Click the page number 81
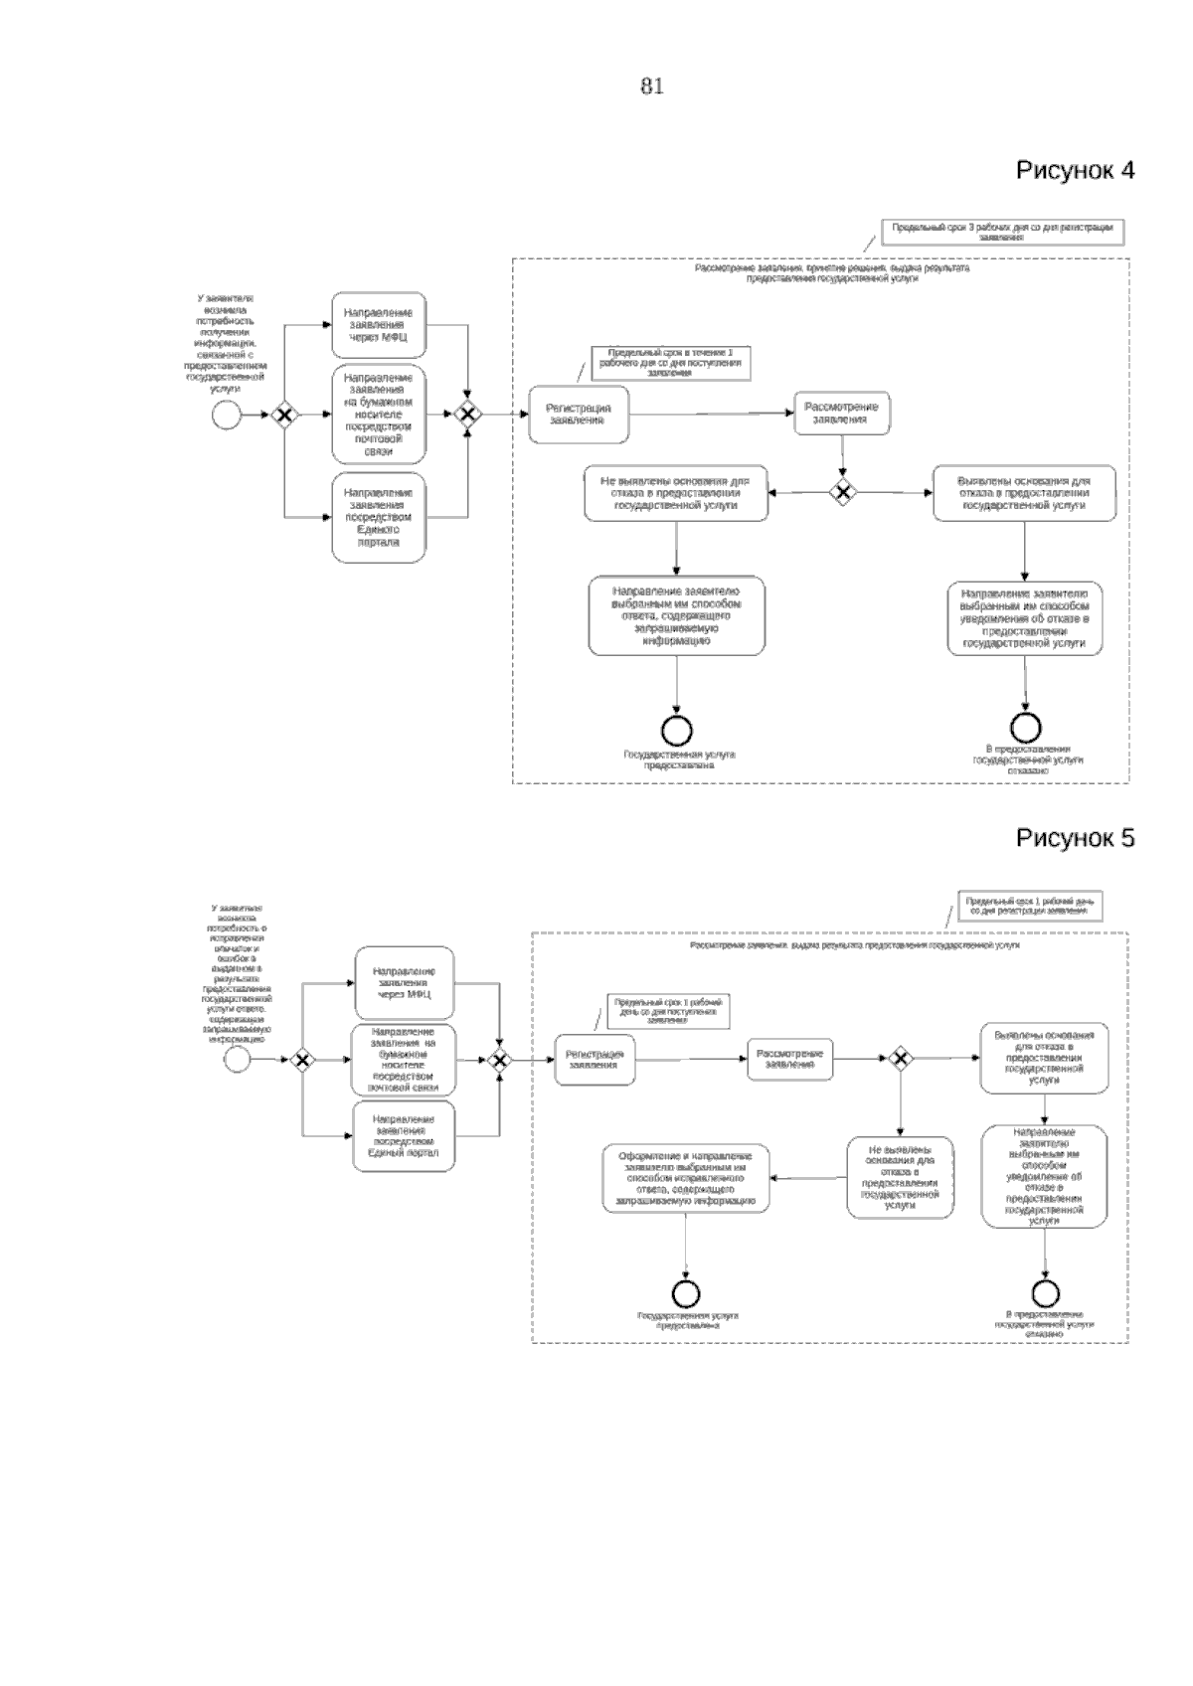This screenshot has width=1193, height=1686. click(651, 86)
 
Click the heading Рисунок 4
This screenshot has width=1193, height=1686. click(1075, 170)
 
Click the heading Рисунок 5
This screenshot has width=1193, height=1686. click(1075, 838)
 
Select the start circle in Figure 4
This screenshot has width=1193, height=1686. click(227, 415)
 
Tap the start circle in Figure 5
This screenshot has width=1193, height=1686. click(237, 1060)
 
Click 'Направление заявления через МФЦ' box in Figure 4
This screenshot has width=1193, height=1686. click(379, 325)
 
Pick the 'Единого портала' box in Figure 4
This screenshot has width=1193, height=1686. click(379, 518)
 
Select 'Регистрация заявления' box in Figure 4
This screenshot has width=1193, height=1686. click(581, 415)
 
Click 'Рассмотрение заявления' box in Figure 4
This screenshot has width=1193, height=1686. click(841, 413)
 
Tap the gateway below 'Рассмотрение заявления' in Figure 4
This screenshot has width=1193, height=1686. click(843, 491)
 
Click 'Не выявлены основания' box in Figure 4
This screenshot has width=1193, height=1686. click(676, 493)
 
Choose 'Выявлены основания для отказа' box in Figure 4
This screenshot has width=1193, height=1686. click(1024, 493)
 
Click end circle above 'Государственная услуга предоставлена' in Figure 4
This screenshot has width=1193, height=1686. click(677, 731)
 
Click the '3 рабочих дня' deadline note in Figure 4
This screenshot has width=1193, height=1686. click(1001, 232)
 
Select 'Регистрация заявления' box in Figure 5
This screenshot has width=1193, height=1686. click(595, 1060)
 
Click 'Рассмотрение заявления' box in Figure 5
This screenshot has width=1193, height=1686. click(790, 1060)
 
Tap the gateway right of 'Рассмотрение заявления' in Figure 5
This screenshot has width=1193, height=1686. click(900, 1059)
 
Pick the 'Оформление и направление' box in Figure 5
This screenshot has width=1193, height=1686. click(686, 1179)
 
